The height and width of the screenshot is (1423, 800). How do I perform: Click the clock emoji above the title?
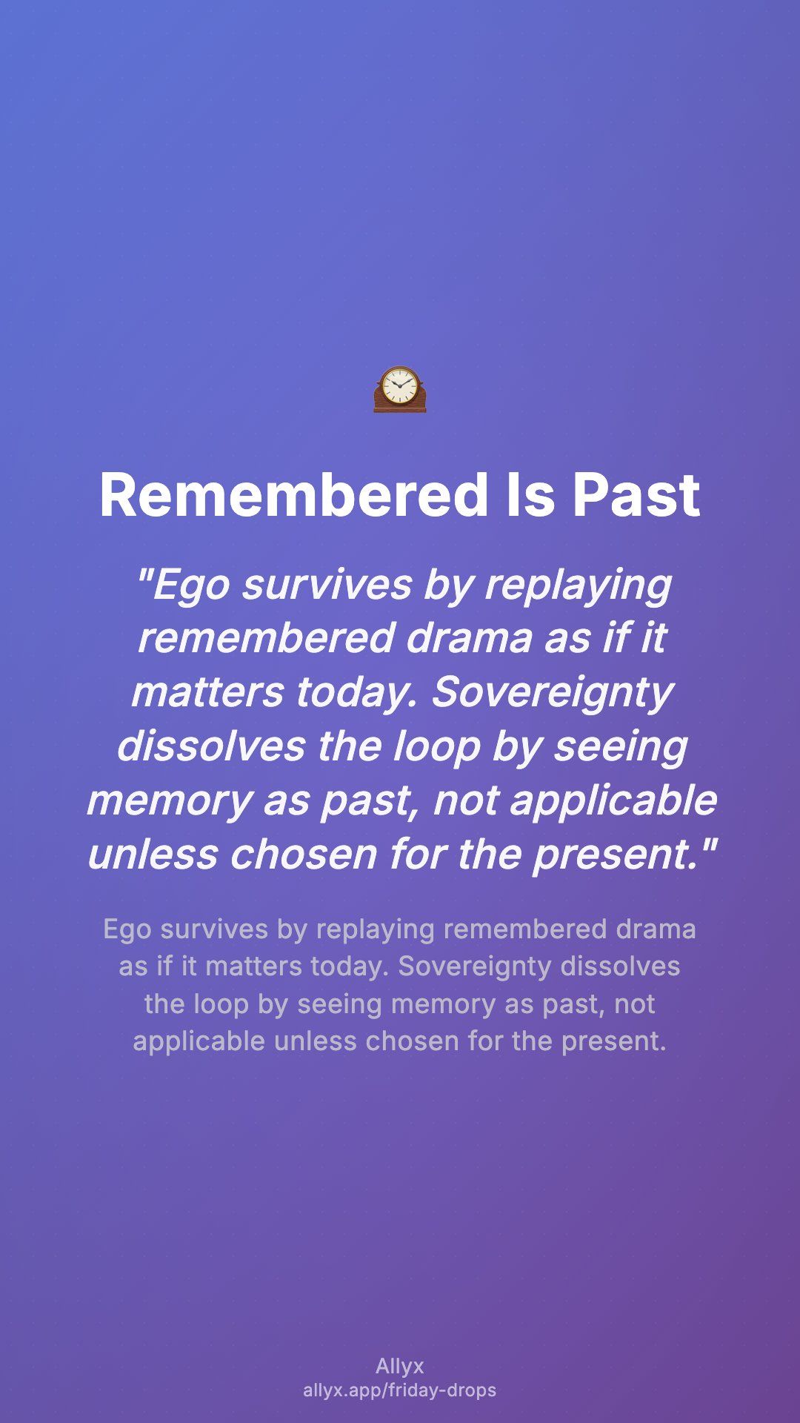[x=400, y=389]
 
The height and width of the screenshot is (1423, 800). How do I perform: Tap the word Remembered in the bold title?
[x=294, y=495]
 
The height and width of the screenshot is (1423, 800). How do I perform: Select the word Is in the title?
[x=530, y=495]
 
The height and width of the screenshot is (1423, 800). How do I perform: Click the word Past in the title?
[x=636, y=495]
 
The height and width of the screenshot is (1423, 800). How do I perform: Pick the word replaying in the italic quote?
[x=578, y=586]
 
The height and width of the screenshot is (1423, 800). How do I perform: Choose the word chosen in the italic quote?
[x=304, y=855]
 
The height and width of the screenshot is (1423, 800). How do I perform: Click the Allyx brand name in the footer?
[x=400, y=1367]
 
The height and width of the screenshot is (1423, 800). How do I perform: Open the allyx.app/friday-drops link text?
[x=400, y=1390]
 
